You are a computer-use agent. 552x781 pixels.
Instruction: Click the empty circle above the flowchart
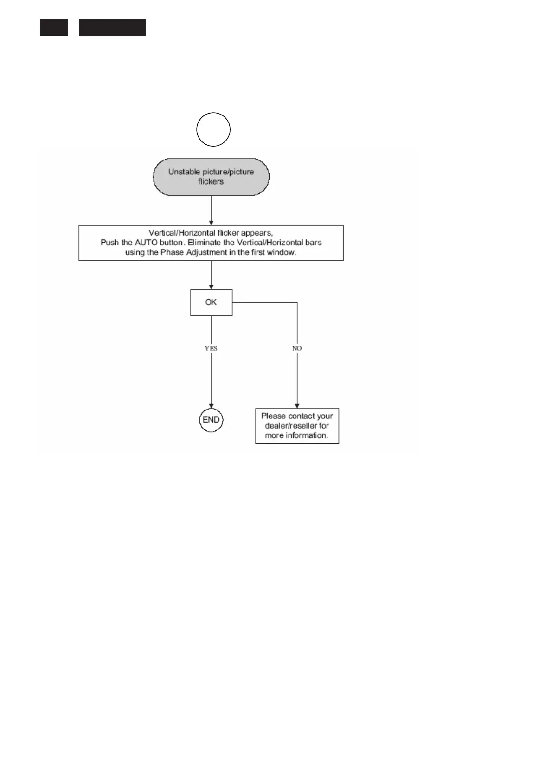213,129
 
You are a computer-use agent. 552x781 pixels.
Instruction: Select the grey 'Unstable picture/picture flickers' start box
211,177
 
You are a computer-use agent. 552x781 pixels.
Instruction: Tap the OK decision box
211,302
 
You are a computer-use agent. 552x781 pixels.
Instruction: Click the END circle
211,420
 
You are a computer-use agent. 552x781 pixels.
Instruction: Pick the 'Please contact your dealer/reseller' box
297,426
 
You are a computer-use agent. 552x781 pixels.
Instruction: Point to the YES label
211,348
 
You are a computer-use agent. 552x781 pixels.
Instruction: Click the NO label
297,348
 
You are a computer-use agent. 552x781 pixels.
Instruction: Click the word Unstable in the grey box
184,172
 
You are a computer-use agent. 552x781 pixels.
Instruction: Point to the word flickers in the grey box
211,182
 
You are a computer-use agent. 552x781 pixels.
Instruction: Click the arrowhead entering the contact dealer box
297,406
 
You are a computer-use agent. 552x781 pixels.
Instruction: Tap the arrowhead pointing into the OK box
212,287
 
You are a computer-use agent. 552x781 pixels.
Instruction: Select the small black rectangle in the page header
53,28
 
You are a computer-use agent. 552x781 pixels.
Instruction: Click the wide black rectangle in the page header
112,28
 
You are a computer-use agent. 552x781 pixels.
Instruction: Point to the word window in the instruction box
282,253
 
